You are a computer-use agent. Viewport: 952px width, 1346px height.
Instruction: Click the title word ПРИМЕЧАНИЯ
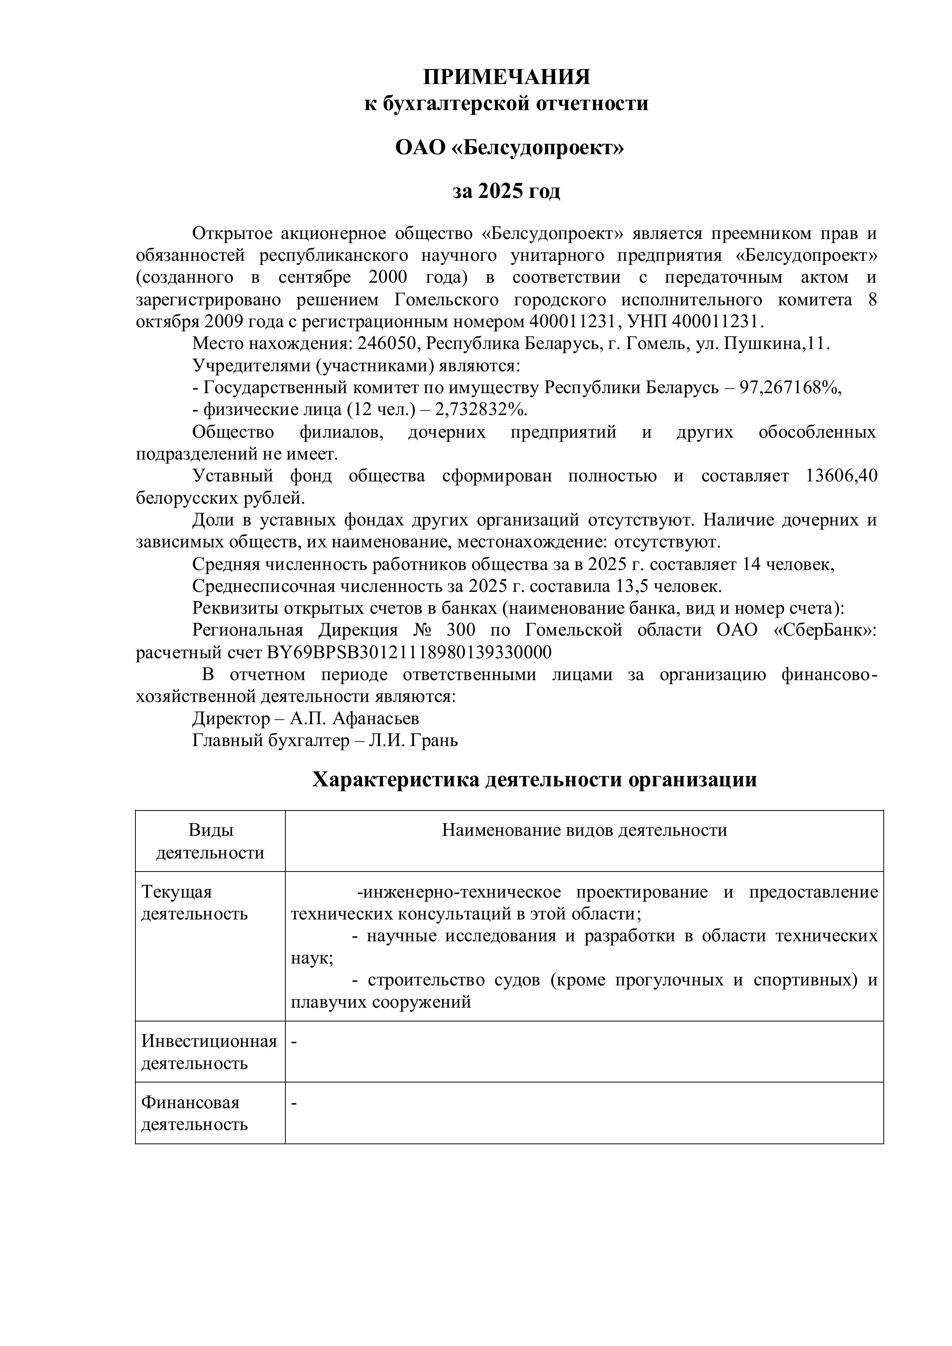(506, 77)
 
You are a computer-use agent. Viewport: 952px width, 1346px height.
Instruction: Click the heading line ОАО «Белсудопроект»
(509, 147)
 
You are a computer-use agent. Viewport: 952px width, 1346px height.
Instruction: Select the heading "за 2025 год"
(506, 191)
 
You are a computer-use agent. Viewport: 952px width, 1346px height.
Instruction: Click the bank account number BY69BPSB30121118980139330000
(409, 652)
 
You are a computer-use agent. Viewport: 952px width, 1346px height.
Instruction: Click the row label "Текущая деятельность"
(194, 903)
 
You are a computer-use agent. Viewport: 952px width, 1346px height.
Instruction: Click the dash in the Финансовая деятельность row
(294, 1103)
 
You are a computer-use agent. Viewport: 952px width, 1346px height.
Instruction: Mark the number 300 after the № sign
(462, 630)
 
